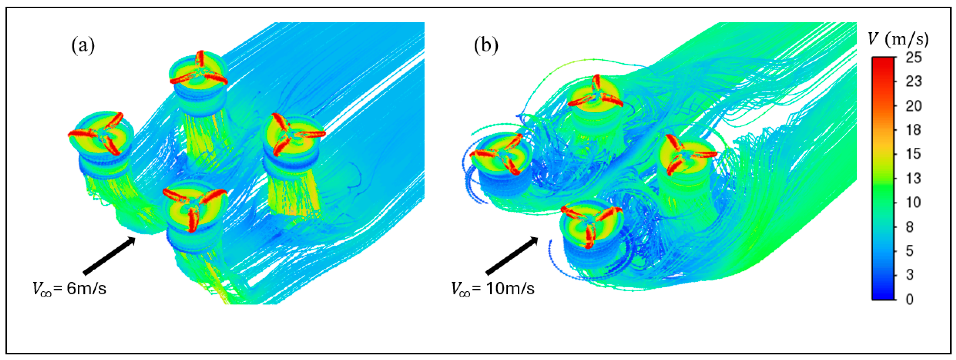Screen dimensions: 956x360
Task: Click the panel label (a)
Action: point(83,46)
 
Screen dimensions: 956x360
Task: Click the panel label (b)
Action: point(486,46)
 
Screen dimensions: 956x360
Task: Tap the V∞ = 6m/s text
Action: point(69,288)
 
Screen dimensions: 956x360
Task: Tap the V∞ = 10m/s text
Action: point(493,288)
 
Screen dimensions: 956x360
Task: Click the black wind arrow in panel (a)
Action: point(109,256)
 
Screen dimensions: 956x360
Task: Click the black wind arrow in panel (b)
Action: point(512,256)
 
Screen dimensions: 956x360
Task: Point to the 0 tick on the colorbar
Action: point(909,299)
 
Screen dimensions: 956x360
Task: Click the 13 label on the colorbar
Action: point(913,178)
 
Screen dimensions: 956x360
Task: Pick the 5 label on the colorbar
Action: point(909,251)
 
